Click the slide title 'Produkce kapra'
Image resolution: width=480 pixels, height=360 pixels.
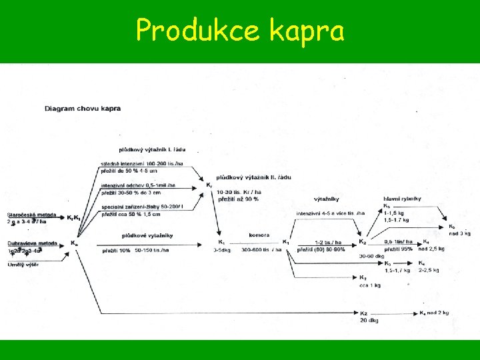240,30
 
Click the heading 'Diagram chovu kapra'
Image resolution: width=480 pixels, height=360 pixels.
83,108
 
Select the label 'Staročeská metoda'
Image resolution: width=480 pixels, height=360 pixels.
32,214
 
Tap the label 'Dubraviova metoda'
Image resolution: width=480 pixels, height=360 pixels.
32,243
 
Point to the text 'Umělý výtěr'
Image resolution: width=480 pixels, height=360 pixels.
23,265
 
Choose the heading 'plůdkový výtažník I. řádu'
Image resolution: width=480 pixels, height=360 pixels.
158,150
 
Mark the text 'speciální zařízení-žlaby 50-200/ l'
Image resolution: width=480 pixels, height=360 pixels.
142,206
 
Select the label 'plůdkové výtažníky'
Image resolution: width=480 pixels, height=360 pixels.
147,235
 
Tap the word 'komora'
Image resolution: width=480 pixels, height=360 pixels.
259,235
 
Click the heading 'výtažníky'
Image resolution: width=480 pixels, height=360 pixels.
326,199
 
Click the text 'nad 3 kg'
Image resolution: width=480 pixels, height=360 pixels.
460,233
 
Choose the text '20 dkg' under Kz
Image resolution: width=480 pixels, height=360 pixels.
369,320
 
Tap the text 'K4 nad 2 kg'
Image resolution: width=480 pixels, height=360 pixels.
433,313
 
